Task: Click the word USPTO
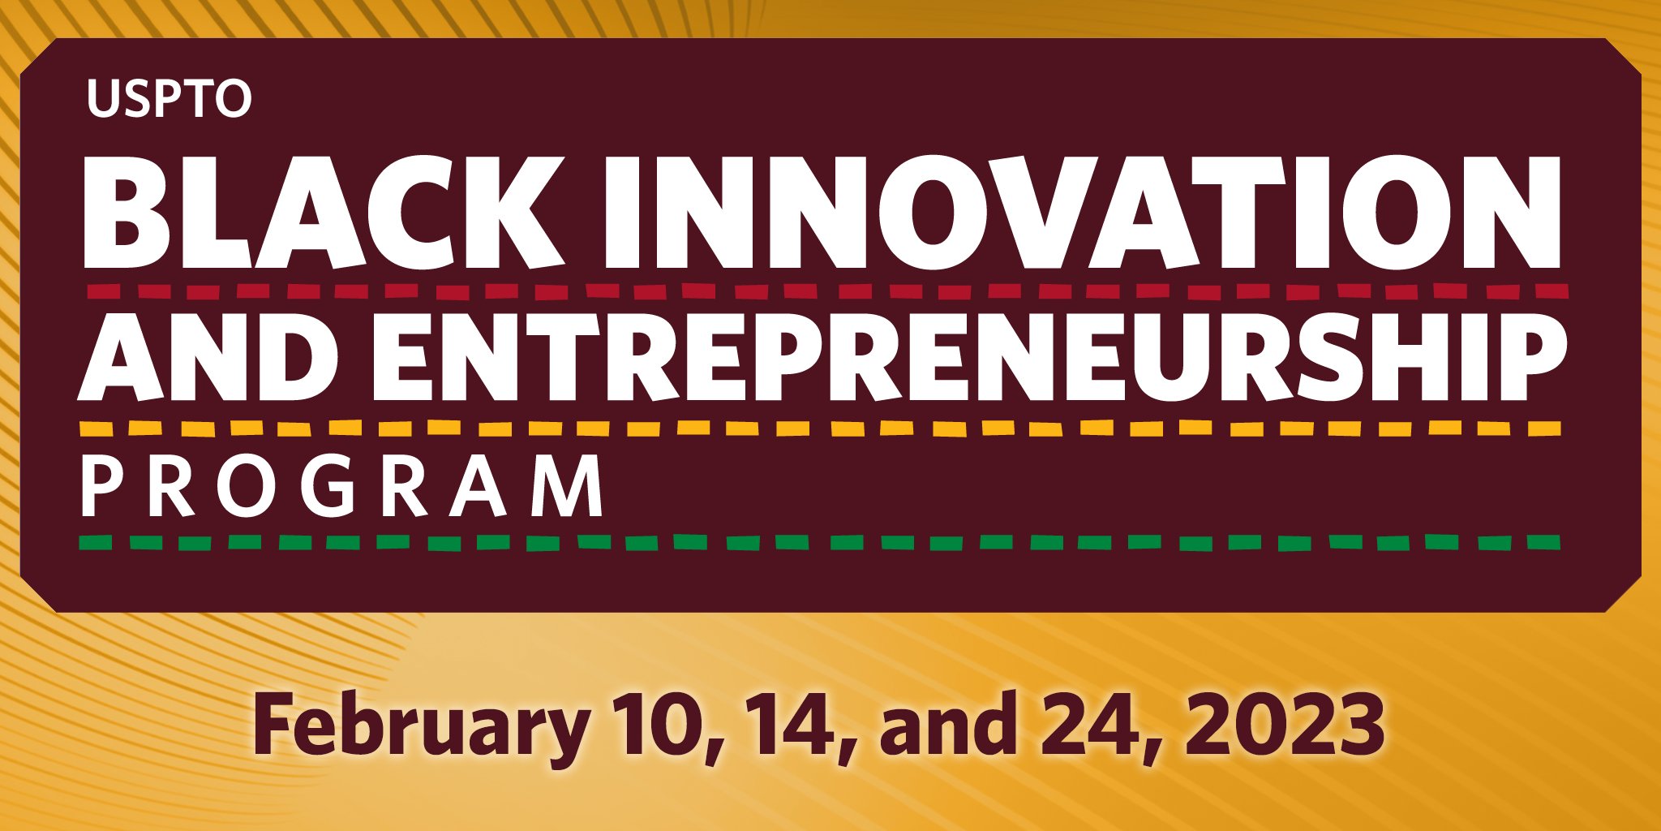[x=170, y=99]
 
